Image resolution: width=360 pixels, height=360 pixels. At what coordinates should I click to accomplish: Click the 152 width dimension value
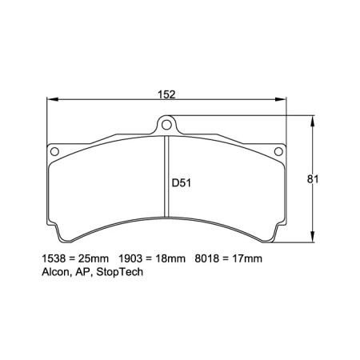coord(166,94)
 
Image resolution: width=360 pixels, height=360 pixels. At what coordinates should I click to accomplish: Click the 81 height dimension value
coord(314,180)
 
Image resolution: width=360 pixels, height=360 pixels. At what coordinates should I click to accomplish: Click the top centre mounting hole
coord(165,122)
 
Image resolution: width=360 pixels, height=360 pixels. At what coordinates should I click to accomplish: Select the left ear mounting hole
coord(54,151)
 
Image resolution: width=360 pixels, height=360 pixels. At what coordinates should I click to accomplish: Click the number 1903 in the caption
coord(131,259)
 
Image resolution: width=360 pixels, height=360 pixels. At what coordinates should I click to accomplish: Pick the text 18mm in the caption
coord(169,259)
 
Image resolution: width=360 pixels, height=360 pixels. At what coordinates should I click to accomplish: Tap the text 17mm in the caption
coord(246,259)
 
